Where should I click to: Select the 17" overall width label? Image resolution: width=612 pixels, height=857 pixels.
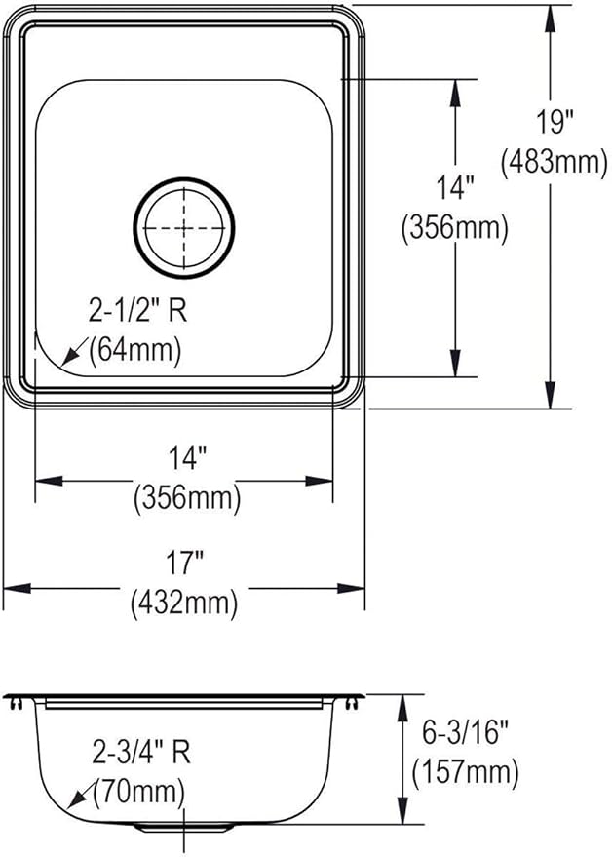click(x=183, y=563)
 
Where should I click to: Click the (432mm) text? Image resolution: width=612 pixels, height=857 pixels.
click(x=184, y=603)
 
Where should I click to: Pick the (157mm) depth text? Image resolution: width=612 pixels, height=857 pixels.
click(x=465, y=772)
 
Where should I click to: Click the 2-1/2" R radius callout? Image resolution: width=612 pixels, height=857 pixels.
click(x=137, y=310)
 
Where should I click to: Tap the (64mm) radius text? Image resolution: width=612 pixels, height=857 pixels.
click(x=134, y=350)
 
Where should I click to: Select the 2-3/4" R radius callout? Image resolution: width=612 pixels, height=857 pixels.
click(x=141, y=753)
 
